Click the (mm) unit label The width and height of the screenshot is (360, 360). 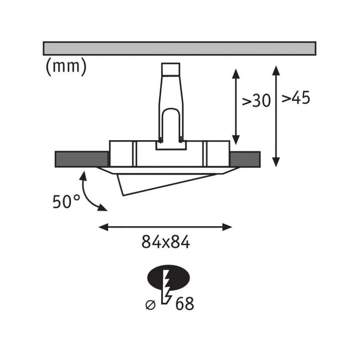click(66, 67)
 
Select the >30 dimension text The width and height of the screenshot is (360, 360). click(256, 100)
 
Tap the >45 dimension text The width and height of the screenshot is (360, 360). click(296, 98)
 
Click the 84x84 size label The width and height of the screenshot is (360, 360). click(166, 242)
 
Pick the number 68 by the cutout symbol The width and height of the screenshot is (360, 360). click(184, 304)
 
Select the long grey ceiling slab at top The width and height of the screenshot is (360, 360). click(179, 49)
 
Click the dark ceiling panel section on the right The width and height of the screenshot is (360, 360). click(245, 159)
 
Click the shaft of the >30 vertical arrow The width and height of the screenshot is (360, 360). click(235, 106)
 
